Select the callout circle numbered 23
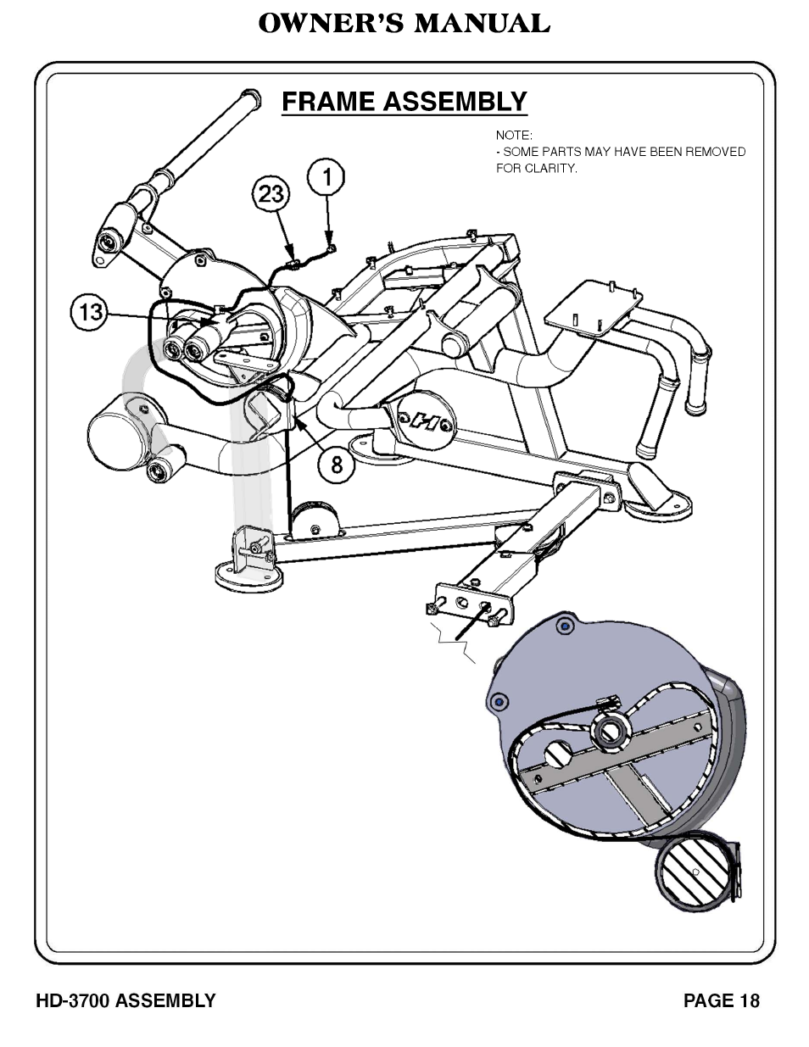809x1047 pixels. coord(271,195)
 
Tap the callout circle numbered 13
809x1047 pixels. coord(89,312)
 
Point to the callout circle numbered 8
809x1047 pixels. coord(338,464)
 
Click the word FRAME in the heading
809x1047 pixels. coord(328,102)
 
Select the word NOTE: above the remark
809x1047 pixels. coord(514,135)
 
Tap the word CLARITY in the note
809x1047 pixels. coord(551,168)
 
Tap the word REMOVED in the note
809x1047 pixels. coord(716,152)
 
